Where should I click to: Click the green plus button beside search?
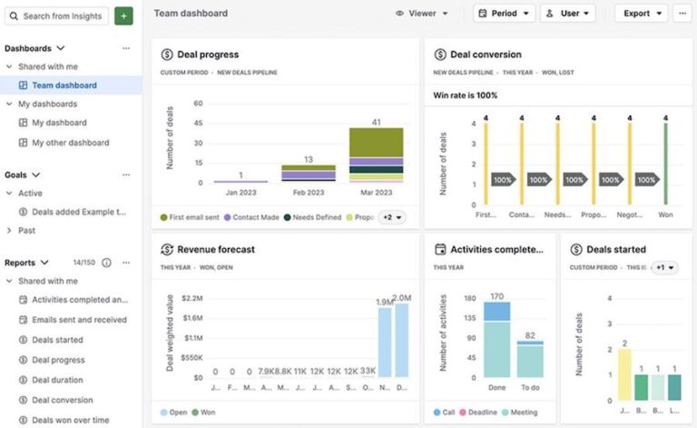click(123, 15)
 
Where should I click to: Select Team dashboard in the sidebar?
click(64, 85)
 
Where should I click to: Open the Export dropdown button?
click(641, 14)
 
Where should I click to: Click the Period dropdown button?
click(504, 14)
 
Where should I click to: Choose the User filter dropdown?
click(567, 14)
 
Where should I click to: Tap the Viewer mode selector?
click(422, 14)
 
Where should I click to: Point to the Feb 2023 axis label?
click(309, 193)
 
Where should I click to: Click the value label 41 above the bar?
click(376, 121)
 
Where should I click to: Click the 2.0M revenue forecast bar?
click(401, 341)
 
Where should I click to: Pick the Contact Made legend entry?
click(252, 217)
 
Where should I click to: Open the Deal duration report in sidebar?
click(57, 380)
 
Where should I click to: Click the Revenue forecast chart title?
click(215, 249)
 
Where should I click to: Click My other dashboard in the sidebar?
click(70, 143)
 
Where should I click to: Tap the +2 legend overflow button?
click(391, 217)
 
